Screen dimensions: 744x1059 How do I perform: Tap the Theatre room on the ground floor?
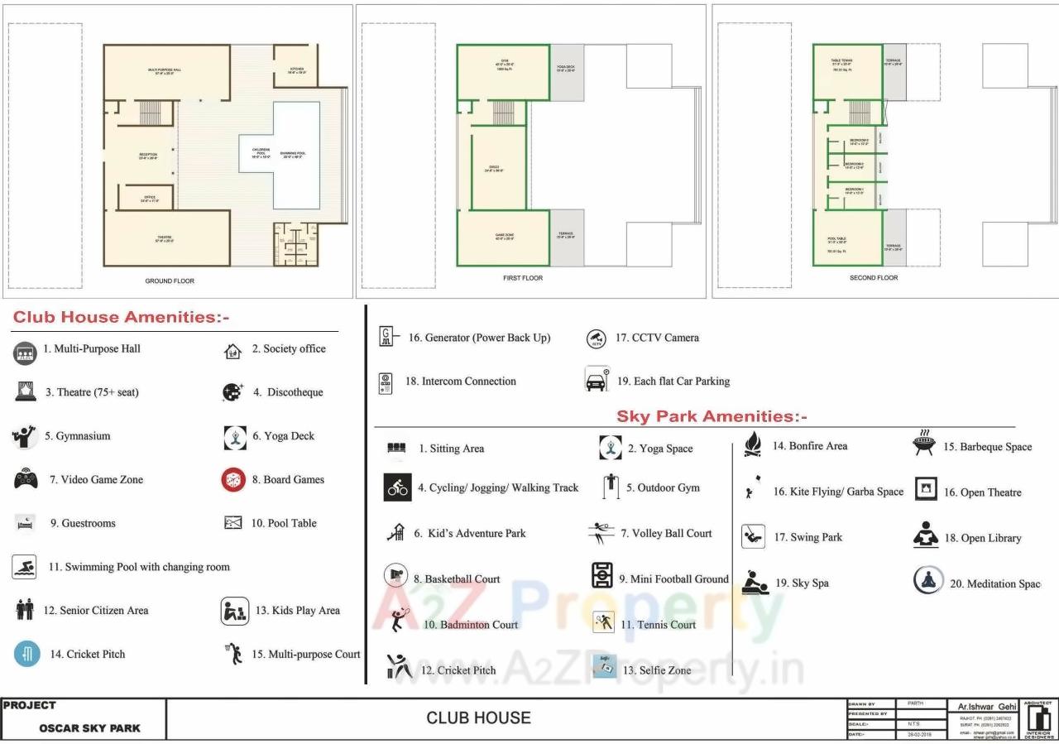[165, 238]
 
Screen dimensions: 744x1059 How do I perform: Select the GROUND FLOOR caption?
[170, 281]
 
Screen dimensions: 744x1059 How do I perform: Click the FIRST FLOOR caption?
[523, 278]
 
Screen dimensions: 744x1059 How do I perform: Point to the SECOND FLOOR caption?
[874, 278]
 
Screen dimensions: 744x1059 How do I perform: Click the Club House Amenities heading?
[121, 318]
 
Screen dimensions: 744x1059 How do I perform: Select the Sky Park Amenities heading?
[712, 416]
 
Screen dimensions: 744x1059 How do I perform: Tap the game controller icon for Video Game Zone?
[26, 479]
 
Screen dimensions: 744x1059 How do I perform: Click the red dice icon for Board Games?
[234, 480]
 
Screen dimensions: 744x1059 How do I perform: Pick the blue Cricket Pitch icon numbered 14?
[27, 654]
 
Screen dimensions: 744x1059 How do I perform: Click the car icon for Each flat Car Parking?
[597, 381]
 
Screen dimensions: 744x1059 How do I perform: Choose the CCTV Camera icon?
[596, 338]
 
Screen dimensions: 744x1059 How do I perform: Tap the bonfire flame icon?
[752, 445]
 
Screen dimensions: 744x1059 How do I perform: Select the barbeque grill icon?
[923, 444]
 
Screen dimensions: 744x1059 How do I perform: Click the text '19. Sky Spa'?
[802, 583]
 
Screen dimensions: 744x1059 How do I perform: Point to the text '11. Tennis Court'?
[659, 625]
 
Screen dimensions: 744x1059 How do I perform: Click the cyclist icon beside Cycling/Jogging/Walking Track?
[397, 488]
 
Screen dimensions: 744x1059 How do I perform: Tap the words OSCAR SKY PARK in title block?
[89, 728]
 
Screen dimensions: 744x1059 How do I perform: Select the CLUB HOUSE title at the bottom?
[478, 718]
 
